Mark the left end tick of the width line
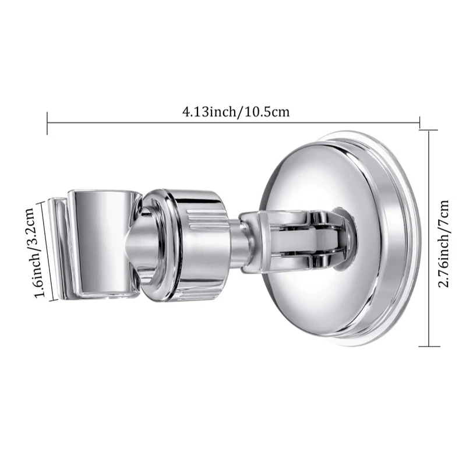click(x=47, y=122)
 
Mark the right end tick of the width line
click(x=419, y=122)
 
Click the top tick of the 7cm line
click(x=429, y=131)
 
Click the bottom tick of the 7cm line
click(x=429, y=346)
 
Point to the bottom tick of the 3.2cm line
click(x=54, y=301)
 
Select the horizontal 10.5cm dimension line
click(x=233, y=122)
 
